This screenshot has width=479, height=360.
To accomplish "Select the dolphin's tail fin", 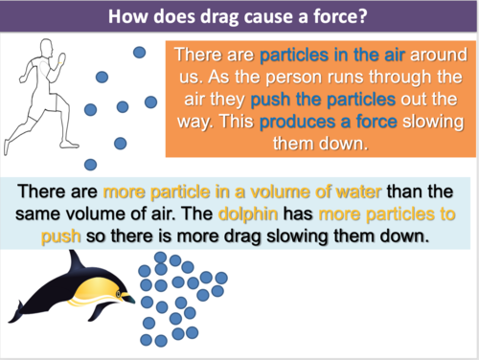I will point(21,308).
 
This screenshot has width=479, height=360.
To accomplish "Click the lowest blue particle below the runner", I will point(90,164).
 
